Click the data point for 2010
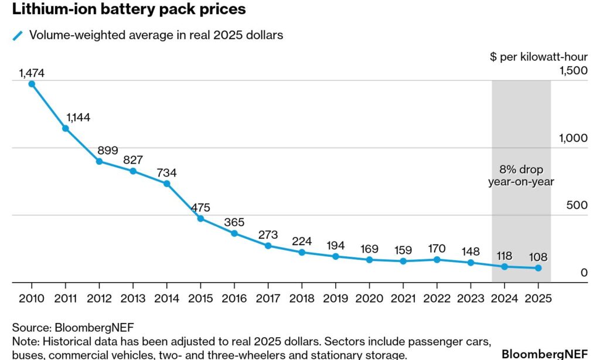[x=32, y=84]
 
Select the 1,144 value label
[x=79, y=117]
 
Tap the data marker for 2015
[x=200, y=219]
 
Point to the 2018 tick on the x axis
[x=302, y=298]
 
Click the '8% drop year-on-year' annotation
[x=521, y=175]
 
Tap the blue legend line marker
[x=18, y=35]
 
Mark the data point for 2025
[x=538, y=268]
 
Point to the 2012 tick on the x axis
[x=99, y=298]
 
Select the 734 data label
[x=166, y=173]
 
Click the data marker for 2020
[x=369, y=260]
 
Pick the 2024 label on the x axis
[x=504, y=298]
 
